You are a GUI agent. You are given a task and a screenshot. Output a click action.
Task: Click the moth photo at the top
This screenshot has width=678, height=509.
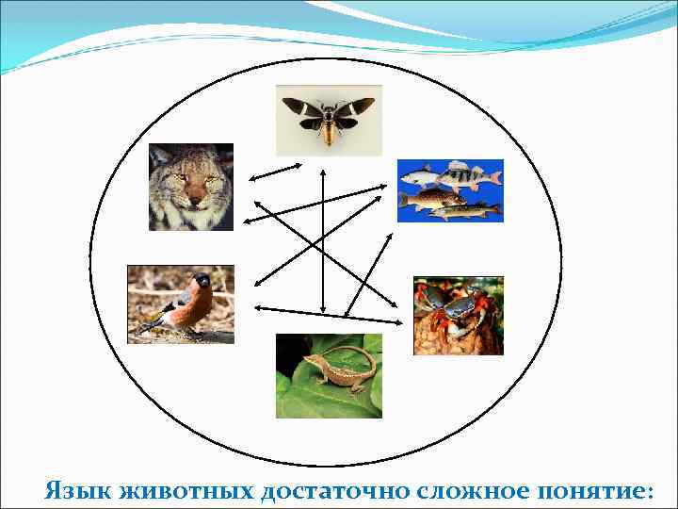[x=329, y=120]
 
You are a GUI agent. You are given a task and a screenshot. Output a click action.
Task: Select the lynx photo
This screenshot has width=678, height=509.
[x=190, y=187]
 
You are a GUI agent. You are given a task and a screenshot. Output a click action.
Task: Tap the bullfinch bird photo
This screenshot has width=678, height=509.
[x=181, y=304]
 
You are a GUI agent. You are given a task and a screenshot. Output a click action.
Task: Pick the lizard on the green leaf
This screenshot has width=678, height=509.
[x=329, y=375]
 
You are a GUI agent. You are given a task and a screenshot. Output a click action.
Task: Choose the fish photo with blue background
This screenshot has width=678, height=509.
[x=450, y=190]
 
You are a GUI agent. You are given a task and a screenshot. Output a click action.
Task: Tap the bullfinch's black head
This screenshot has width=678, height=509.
[x=201, y=281]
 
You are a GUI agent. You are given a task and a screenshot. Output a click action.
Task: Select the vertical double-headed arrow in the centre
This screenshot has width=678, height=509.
[x=323, y=240]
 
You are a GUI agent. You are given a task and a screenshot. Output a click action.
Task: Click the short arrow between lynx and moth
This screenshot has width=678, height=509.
[x=274, y=172]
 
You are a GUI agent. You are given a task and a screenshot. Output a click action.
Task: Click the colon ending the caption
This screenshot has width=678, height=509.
[x=648, y=493]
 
